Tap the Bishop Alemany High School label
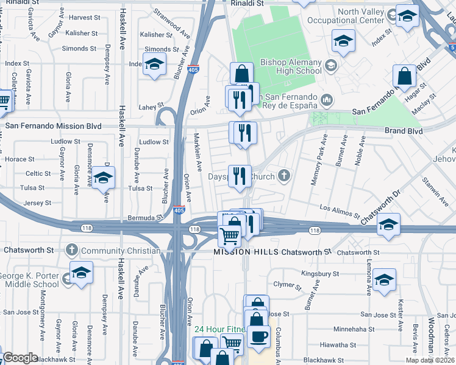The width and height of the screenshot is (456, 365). tap(291, 66)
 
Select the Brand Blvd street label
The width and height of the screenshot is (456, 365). tap(403, 131)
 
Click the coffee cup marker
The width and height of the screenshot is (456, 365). tap(258, 336)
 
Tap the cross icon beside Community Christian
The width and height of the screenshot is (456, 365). tap(72, 250)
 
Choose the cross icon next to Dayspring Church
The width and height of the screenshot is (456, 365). tap(283, 176)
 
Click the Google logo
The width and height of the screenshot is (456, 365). tap(20, 358)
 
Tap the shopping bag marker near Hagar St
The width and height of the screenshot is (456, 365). tap(404, 77)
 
